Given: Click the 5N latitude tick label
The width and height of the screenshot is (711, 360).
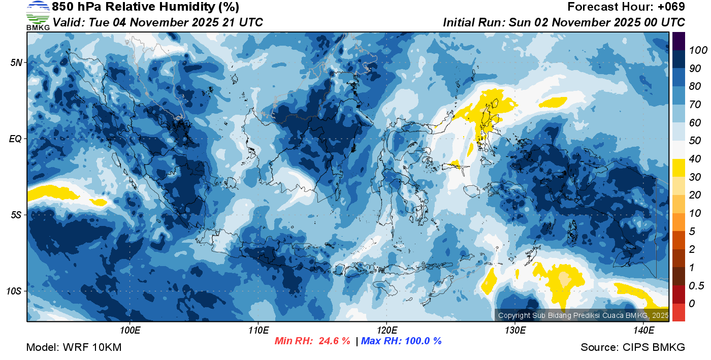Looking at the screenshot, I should coord(16,62).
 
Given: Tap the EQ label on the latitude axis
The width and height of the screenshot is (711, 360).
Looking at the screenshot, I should coord(15,139).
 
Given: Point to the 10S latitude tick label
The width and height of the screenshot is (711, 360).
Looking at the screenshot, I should coord(14,291).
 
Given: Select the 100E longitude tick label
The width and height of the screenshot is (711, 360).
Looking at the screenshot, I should coord(130,331).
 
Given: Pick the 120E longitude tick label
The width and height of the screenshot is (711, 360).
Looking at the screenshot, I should coord(386,331).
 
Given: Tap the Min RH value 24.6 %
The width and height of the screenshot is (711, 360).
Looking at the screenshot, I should coord(334,341).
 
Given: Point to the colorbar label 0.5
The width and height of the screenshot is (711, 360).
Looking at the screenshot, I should coord(696,285).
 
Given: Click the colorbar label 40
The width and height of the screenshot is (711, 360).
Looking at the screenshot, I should coord(695,159).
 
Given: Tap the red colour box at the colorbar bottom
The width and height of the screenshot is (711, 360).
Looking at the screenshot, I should coord(678,312).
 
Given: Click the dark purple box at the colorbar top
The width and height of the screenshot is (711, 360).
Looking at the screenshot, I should coord(678,41).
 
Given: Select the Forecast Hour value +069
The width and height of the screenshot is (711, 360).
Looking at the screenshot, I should coord(671,7).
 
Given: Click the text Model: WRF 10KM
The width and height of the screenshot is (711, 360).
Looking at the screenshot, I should coord(74,348).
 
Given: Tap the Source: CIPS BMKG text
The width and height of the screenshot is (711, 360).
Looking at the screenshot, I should coord(633,348).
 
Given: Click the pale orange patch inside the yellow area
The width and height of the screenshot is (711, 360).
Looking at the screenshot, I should coord(563,279).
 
